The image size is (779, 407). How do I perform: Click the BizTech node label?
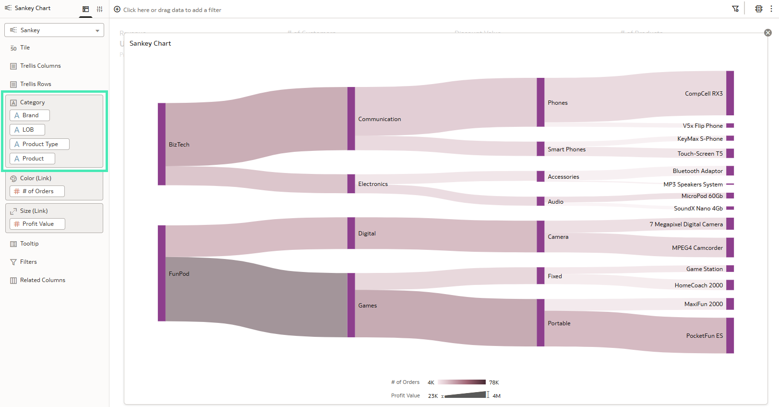click(x=179, y=145)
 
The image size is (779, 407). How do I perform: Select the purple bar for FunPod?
click(x=162, y=273)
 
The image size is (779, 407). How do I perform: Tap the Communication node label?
click(x=379, y=119)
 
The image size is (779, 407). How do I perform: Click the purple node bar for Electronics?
click(x=351, y=184)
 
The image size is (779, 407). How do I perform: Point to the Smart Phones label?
click(x=566, y=149)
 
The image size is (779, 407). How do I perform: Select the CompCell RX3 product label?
click(x=703, y=94)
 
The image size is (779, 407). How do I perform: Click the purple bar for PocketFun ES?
click(x=730, y=335)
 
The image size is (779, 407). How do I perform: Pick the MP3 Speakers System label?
click(x=693, y=185)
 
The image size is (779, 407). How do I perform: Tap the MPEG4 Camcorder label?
click(x=697, y=248)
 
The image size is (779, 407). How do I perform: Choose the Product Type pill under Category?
click(x=39, y=144)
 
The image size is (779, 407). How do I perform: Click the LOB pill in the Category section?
click(x=27, y=130)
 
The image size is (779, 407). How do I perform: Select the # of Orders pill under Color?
click(x=37, y=191)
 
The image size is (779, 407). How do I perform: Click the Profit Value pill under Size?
click(x=37, y=224)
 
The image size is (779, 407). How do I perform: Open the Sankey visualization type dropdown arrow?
click(x=97, y=30)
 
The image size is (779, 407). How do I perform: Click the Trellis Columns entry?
click(x=40, y=66)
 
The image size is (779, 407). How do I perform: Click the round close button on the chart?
click(x=768, y=33)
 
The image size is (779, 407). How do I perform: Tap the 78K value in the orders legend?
click(x=494, y=382)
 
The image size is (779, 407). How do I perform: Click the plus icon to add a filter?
click(x=117, y=10)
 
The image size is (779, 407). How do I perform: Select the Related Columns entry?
click(x=42, y=280)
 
